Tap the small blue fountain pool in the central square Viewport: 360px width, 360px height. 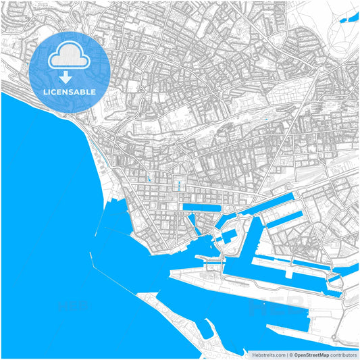coord(178,184)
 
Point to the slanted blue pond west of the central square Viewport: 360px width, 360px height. coord(148,180)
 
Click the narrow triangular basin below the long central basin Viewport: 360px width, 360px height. coord(192,221)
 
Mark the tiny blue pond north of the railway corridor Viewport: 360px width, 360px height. coord(267,120)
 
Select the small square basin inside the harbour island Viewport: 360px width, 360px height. coord(230,236)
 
